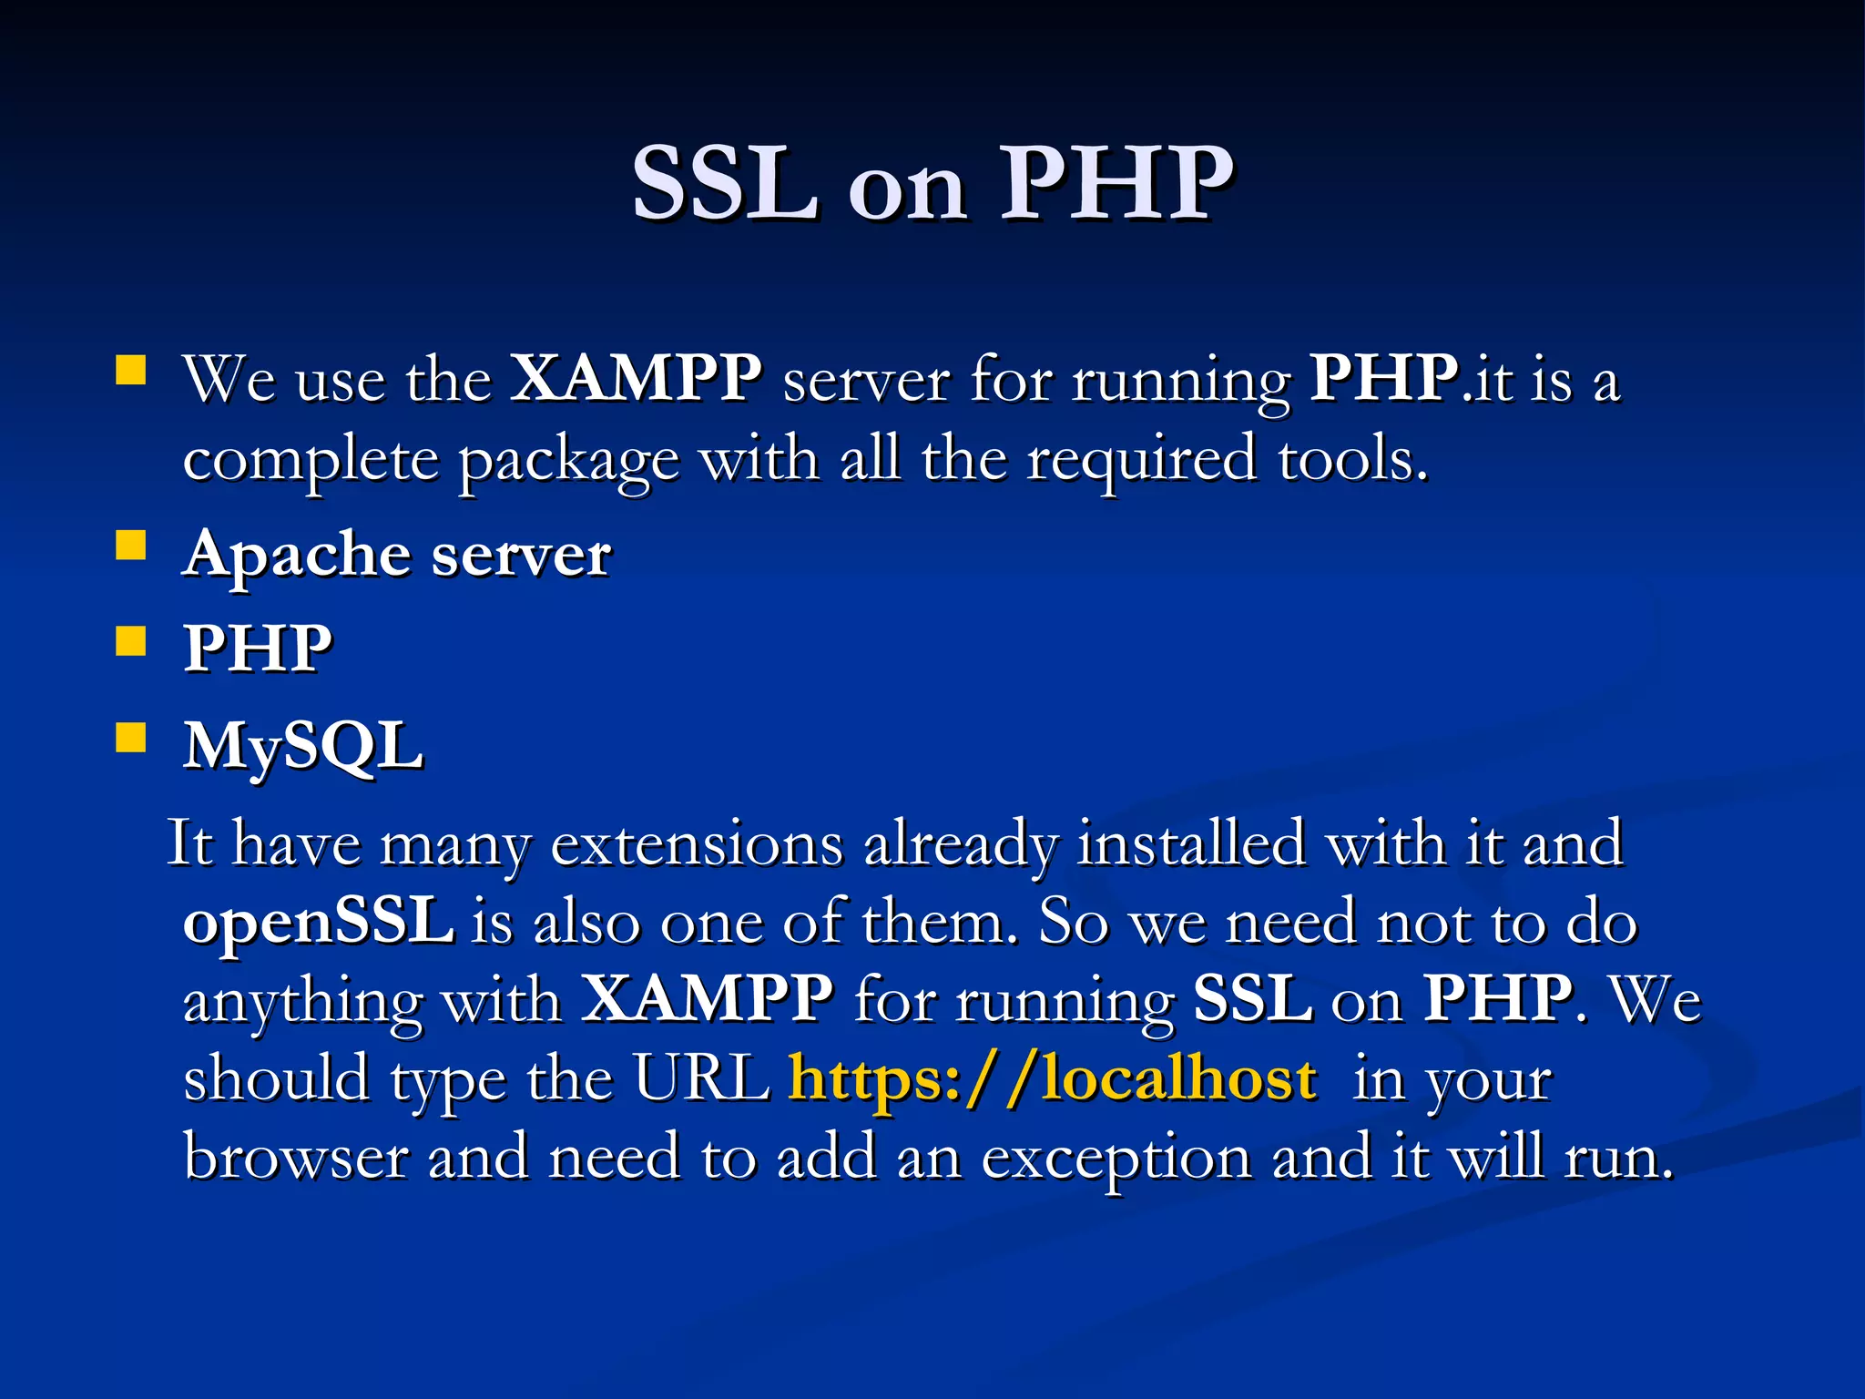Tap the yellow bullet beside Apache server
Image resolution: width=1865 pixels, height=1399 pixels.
[131, 546]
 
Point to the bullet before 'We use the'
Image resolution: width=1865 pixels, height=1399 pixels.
[131, 372]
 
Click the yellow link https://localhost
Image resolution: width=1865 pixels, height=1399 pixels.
[1052, 1078]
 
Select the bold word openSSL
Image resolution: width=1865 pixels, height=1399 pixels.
[319, 922]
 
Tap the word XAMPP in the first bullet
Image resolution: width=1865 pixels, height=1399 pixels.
[635, 377]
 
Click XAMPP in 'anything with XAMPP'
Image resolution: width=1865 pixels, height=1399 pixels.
[707, 999]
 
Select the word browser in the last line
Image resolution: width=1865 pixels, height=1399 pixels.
[295, 1157]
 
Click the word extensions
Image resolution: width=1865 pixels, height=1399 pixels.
[697, 843]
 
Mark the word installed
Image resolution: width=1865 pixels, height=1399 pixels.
[1191, 843]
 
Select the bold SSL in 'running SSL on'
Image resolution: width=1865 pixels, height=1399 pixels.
[1252, 999]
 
